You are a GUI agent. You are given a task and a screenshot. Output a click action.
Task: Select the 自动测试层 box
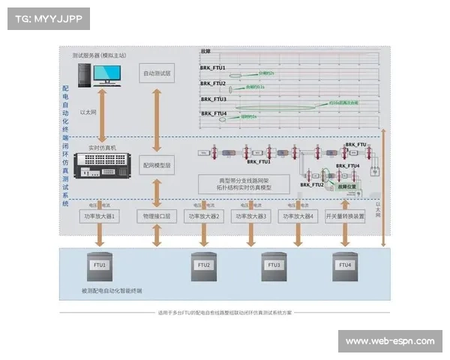[x=157, y=73]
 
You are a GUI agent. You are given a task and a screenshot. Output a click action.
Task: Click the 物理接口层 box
[x=157, y=216]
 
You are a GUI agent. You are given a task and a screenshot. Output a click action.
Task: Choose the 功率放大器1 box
[x=100, y=216]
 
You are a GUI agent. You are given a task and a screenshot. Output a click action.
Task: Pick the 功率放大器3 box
[x=252, y=216]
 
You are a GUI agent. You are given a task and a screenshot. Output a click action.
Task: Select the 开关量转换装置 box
[x=346, y=216]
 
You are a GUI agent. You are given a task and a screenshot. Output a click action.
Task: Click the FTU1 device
[x=100, y=267]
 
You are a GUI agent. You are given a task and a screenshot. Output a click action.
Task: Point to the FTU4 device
[x=345, y=267]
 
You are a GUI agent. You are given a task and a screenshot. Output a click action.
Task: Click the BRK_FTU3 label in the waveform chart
[x=213, y=98]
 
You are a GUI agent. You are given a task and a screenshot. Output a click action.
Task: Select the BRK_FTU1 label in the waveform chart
[x=213, y=68]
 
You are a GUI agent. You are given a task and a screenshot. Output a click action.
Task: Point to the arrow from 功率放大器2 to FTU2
[x=204, y=235]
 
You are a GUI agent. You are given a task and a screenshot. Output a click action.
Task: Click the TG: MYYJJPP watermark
[x=47, y=18]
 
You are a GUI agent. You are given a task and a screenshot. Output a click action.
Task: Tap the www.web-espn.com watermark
[x=389, y=341]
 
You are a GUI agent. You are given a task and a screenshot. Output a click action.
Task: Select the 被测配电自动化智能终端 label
[x=112, y=290]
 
